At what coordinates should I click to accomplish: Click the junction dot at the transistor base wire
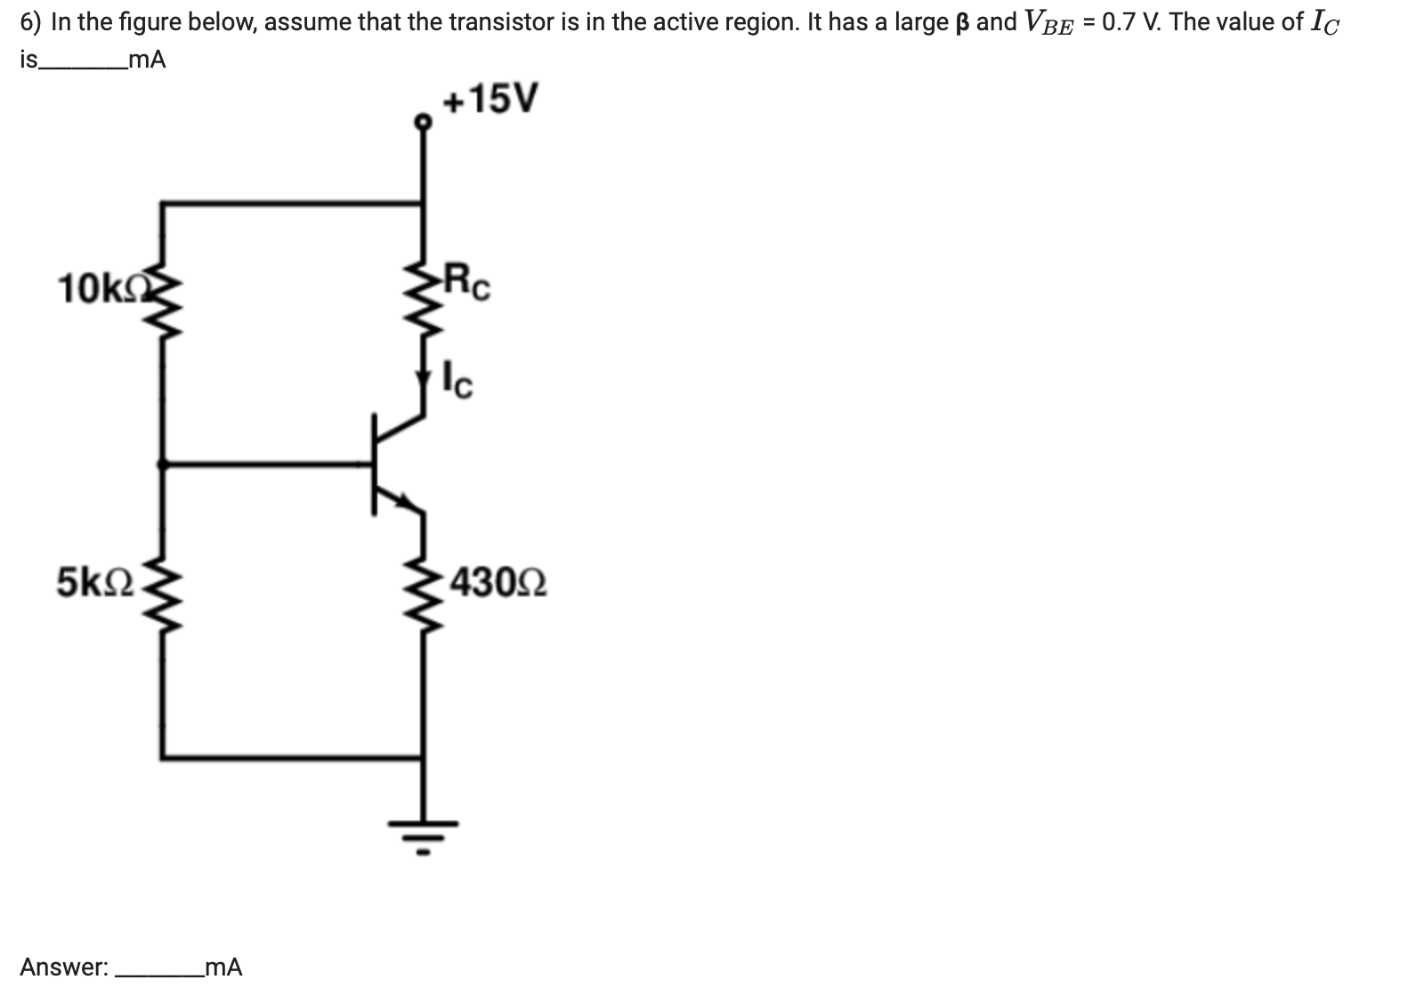coord(162,463)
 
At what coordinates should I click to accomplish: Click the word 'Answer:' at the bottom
coord(63,968)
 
